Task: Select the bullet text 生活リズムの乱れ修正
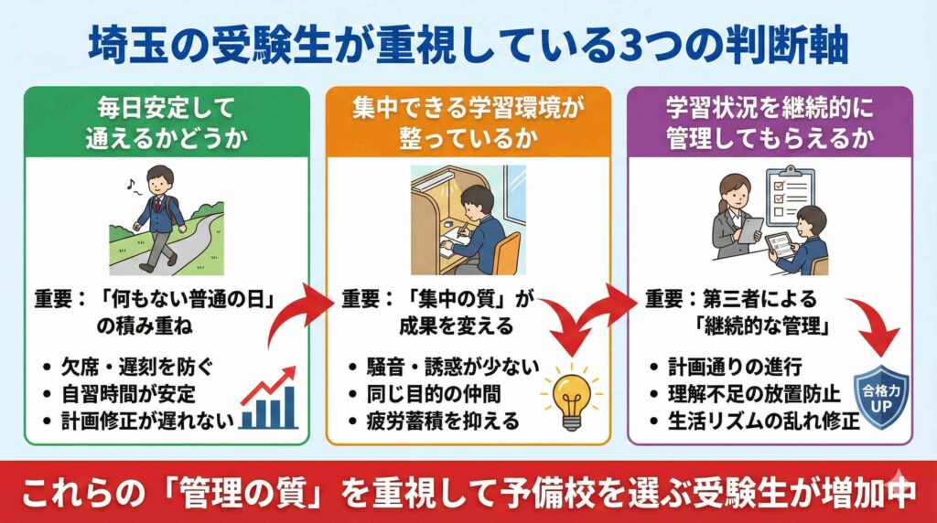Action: [760, 421]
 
